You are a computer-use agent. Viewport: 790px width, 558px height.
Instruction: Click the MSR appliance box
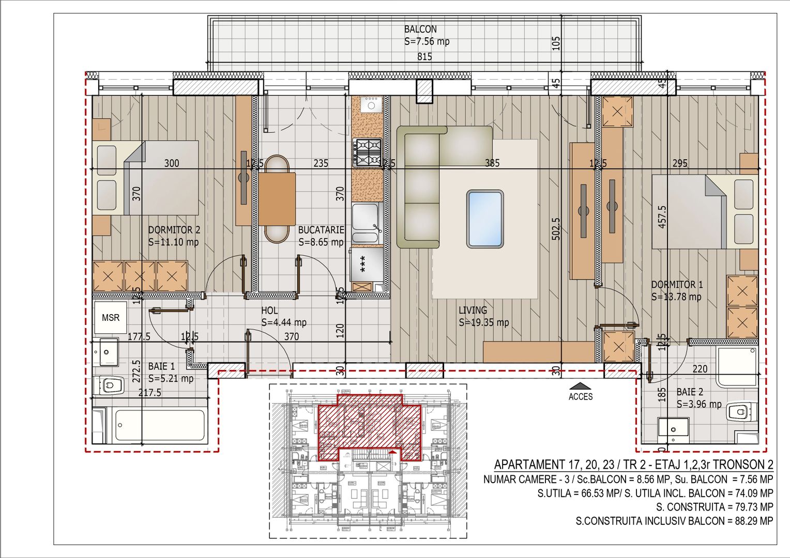pos(110,318)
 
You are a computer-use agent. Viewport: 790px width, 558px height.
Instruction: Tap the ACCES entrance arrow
pos(581,386)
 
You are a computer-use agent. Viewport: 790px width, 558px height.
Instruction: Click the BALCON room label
pos(420,29)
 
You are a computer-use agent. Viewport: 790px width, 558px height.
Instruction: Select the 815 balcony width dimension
pos(424,57)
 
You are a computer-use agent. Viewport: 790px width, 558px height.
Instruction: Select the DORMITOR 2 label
pos(174,230)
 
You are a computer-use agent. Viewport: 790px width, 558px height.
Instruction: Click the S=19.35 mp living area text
pos(484,322)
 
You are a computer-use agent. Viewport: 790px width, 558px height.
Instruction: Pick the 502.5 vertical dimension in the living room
pos(556,236)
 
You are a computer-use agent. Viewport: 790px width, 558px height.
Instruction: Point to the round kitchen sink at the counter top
pos(371,105)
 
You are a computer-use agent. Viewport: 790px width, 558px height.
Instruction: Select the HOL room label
pos(269,311)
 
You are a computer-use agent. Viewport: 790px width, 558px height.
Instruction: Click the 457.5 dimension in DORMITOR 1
pos(662,216)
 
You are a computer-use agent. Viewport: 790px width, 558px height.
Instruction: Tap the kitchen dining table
pos(277,198)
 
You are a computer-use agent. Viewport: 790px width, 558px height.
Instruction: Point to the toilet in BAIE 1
pos(110,385)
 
